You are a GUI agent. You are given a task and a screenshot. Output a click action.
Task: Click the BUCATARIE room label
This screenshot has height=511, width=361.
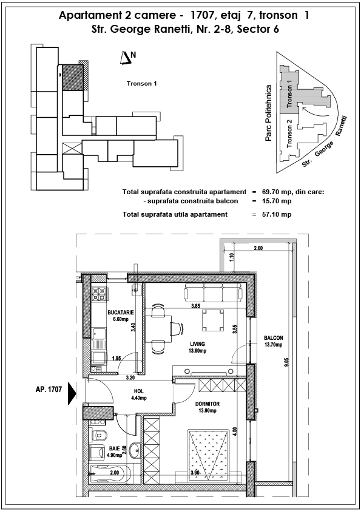coord(121,313)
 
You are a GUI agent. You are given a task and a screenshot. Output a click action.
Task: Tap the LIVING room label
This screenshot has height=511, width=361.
coord(198,344)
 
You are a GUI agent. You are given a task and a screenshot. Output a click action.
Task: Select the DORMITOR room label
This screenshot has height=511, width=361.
coord(207,404)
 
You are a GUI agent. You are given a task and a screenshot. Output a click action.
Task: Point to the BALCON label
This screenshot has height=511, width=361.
coord(274,338)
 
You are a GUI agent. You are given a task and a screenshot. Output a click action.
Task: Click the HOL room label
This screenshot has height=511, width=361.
coord(138,391)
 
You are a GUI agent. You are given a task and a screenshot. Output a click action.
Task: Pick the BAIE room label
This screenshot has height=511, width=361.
coord(114,448)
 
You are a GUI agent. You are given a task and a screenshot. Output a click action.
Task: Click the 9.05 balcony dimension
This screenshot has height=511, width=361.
coord(286,363)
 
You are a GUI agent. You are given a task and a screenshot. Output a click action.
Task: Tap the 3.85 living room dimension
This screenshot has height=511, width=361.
coord(195,306)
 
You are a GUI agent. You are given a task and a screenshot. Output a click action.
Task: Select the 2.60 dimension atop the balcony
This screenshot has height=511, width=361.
coord(258,248)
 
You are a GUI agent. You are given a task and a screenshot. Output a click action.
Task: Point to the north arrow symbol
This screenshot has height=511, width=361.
coord(126,58)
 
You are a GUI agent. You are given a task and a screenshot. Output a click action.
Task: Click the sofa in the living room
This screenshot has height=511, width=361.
coord(213,292)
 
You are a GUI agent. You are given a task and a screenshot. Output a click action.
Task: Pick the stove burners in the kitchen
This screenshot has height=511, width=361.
coord(99,293)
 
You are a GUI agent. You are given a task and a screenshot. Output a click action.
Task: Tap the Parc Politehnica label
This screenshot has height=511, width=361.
coord(268,113)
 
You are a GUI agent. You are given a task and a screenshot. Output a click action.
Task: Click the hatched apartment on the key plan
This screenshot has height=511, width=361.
coord(72,77)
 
